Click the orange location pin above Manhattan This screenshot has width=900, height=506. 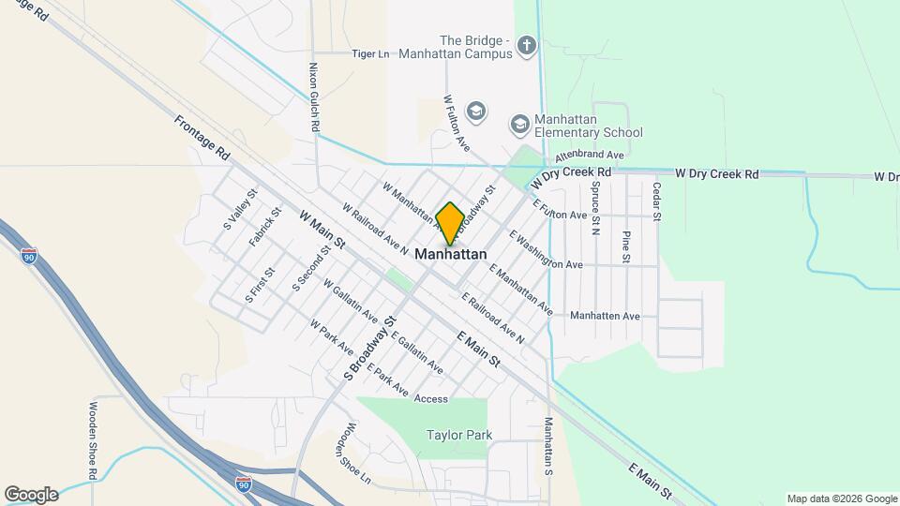[x=450, y=223]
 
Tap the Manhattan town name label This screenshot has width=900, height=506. [x=451, y=254]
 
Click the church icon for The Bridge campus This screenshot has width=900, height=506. [x=528, y=45]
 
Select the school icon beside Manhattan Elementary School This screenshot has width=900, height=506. [x=519, y=125]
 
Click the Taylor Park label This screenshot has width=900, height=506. [x=459, y=435]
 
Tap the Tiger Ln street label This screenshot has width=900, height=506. [x=370, y=54]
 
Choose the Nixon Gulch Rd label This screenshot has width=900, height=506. [x=315, y=97]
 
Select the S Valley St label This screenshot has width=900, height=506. [x=239, y=211]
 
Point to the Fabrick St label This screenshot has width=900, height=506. [x=265, y=228]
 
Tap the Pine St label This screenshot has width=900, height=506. [x=626, y=246]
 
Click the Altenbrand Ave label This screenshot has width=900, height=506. [x=590, y=155]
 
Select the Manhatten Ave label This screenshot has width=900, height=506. [x=605, y=316]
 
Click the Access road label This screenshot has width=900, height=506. [x=431, y=398]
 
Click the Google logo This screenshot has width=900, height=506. [x=30, y=495]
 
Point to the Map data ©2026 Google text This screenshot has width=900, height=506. [x=842, y=499]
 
